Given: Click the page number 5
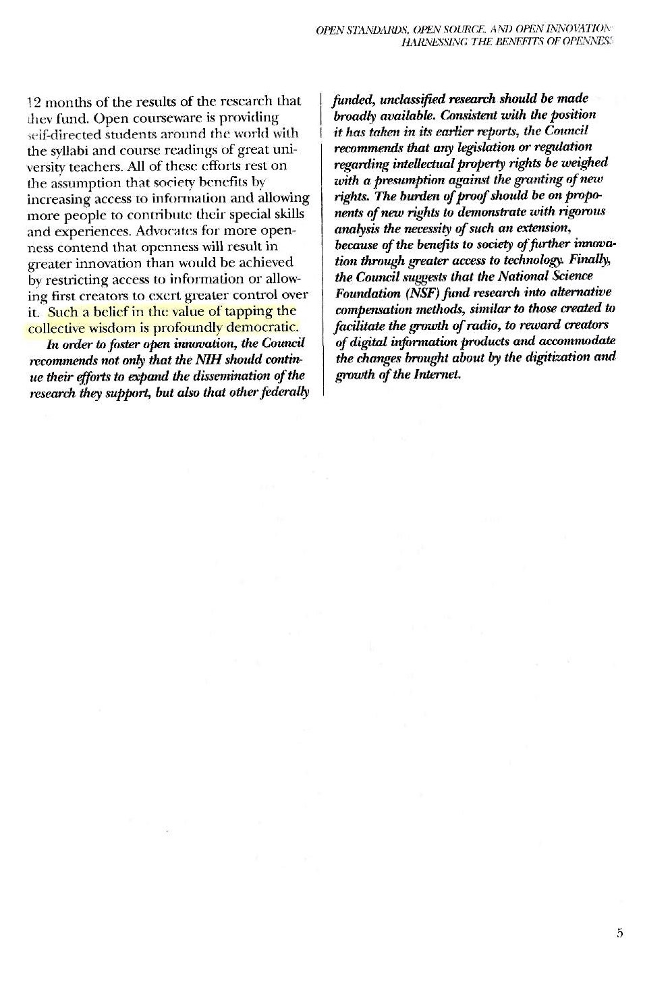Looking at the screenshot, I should coord(619,933).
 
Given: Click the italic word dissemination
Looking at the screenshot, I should coord(224,376).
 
